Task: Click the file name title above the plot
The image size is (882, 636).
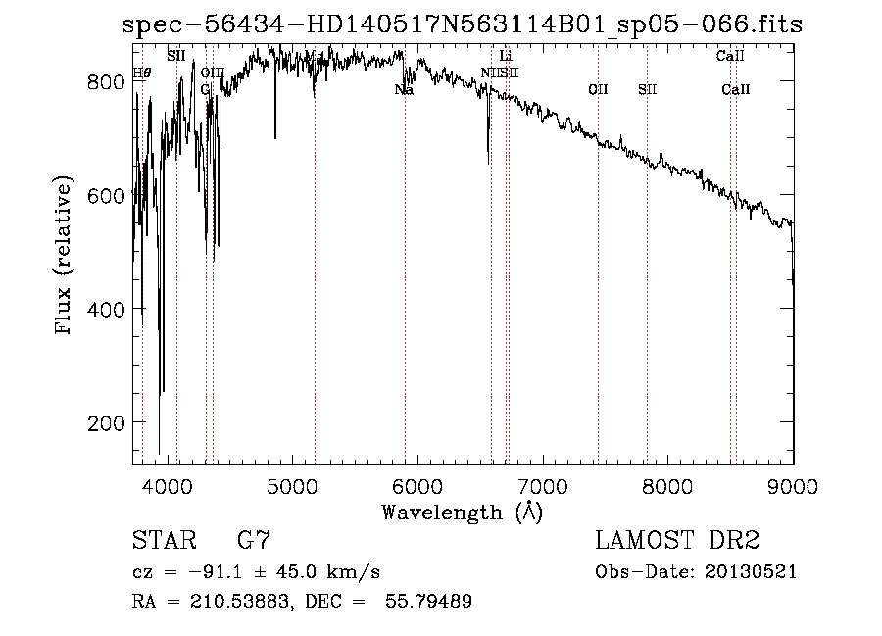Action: [463, 24]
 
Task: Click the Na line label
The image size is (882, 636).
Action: [404, 90]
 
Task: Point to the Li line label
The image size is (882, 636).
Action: [506, 56]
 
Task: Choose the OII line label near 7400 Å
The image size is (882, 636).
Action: [598, 90]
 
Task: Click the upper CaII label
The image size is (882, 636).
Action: [730, 56]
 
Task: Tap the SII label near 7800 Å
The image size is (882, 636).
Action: [647, 90]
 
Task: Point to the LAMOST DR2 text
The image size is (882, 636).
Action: [676, 540]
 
